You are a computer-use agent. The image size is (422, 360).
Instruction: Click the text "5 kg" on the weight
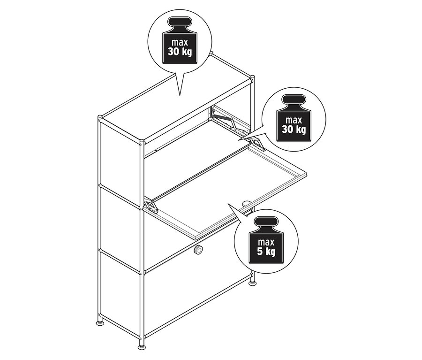(x=266, y=252)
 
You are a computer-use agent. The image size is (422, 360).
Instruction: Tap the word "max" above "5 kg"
(x=266, y=242)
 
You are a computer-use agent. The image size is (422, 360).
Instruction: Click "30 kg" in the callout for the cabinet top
(x=180, y=51)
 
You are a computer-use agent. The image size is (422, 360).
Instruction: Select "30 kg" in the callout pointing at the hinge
(x=294, y=130)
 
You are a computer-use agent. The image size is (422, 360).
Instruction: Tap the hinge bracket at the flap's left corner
(x=151, y=206)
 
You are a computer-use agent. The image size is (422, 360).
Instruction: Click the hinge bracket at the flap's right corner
(x=257, y=143)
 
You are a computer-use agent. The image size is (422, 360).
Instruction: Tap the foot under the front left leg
(x=100, y=322)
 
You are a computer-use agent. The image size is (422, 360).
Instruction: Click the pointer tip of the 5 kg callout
(x=228, y=204)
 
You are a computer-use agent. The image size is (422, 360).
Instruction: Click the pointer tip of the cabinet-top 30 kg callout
(x=180, y=96)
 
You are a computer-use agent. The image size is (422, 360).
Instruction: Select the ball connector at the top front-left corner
(x=100, y=117)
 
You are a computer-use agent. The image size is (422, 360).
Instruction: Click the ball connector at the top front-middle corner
(x=142, y=142)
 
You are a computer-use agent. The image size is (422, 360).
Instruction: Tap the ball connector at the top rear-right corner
(x=252, y=77)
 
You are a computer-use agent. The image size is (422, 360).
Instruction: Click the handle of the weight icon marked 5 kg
(x=266, y=222)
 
